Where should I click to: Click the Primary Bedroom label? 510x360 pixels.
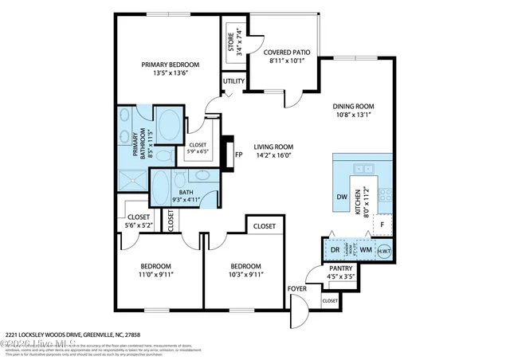(x=170, y=65)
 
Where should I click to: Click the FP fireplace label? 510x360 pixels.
(x=238, y=155)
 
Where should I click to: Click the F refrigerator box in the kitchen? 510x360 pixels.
(x=382, y=225)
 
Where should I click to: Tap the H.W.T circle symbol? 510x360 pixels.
(x=384, y=250)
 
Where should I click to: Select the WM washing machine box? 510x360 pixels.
(x=366, y=250)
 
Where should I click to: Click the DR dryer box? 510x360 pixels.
(x=335, y=250)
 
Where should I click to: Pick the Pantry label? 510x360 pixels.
(x=341, y=270)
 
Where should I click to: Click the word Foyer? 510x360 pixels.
(x=296, y=288)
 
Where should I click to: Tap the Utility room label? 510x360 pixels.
(x=233, y=81)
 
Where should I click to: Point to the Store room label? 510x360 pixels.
(x=232, y=41)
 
